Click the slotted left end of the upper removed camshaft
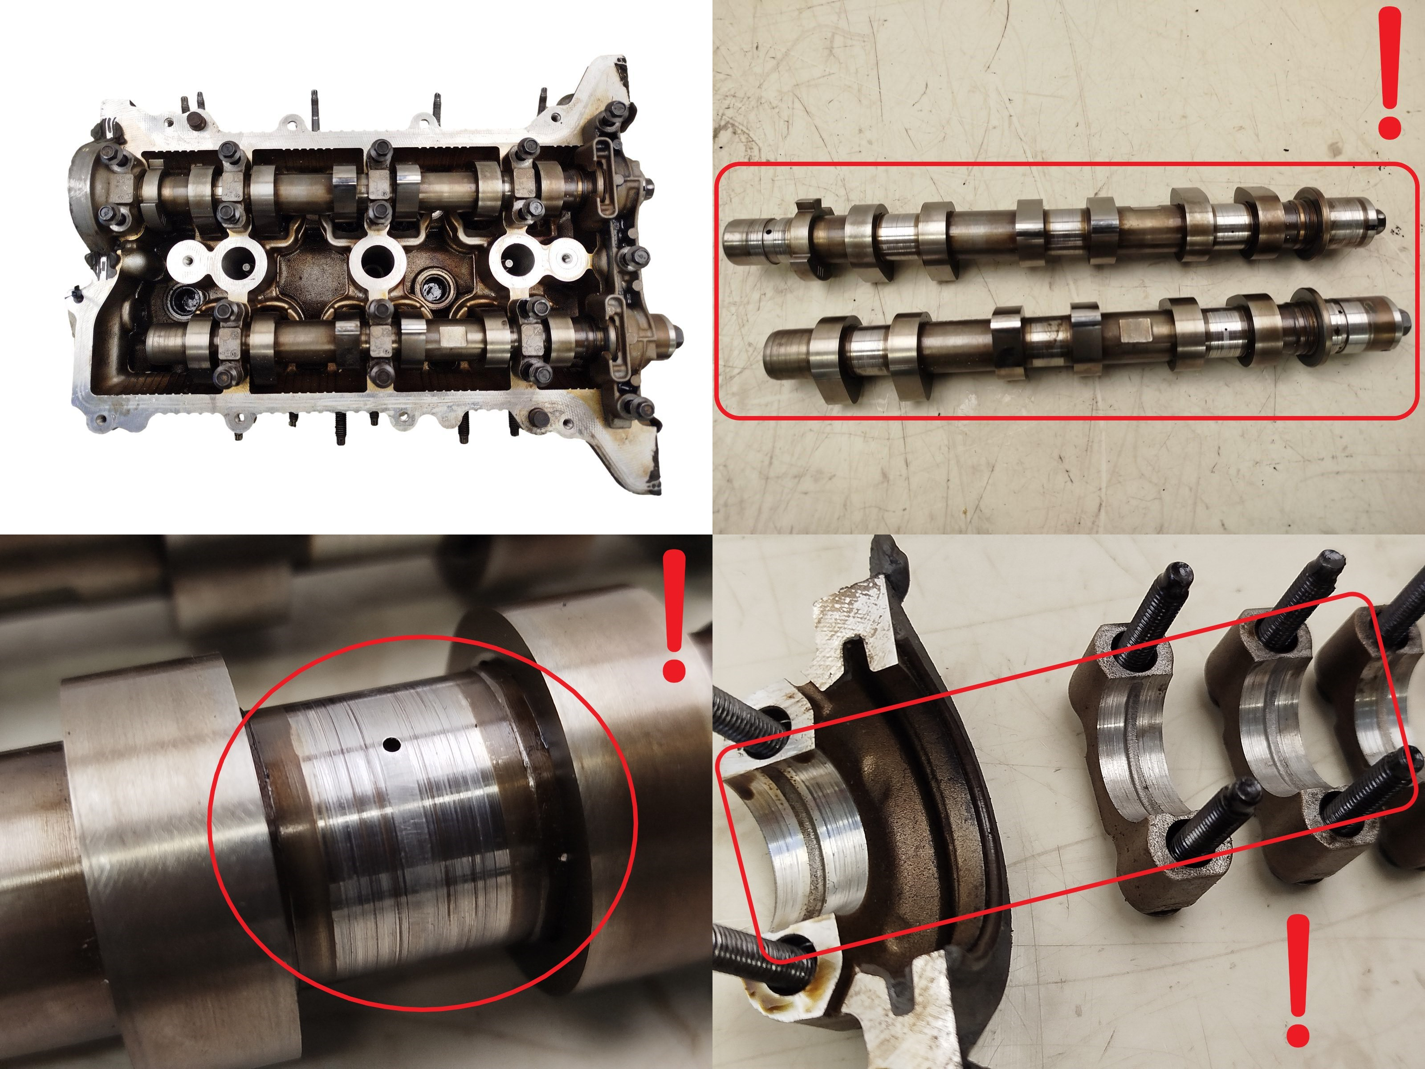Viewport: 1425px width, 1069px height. click(747, 244)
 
